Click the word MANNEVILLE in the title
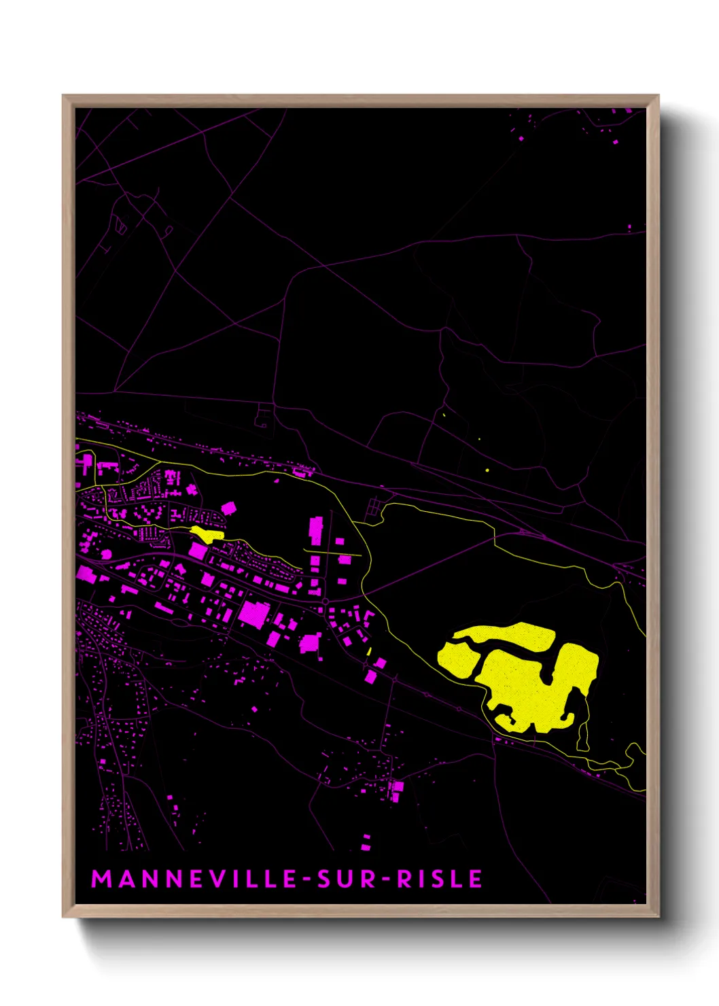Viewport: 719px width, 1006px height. click(194, 879)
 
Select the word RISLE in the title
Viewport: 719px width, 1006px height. click(439, 879)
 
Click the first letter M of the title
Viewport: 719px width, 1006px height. click(101, 879)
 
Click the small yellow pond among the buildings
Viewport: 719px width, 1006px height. click(207, 533)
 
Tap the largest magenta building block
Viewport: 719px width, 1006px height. click(253, 613)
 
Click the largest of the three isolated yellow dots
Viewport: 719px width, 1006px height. click(487, 470)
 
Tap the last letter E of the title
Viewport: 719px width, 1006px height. click(476, 879)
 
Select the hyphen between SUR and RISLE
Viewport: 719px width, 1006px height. click(385, 880)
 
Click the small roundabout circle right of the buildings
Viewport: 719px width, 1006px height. click(327, 602)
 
